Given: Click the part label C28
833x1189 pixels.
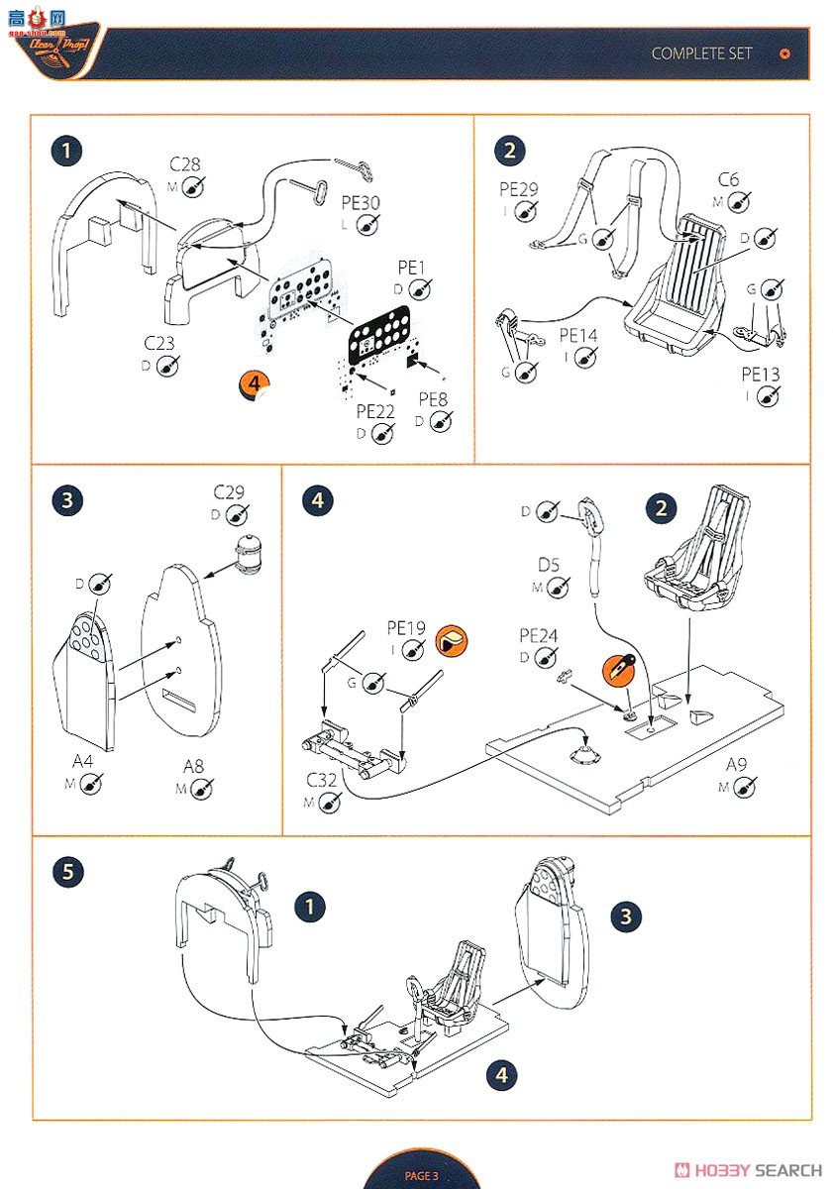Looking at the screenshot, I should (x=185, y=162).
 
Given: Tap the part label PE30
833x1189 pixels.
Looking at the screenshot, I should (x=360, y=203).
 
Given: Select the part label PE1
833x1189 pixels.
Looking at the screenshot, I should (x=412, y=268).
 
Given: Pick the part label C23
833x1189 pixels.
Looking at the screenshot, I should (x=159, y=343).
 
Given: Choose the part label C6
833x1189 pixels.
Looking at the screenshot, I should (x=728, y=179).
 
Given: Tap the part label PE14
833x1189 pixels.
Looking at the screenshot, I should (x=578, y=336).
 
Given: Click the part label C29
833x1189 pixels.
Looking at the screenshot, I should (x=229, y=492).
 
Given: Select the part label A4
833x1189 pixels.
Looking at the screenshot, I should (x=83, y=761).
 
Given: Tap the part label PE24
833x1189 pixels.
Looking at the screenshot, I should (x=538, y=635).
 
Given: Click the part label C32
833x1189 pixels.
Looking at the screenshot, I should (x=322, y=781).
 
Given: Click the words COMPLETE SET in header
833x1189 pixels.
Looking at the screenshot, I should (x=701, y=54).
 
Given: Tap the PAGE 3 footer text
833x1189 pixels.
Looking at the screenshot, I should (x=421, y=1175).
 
